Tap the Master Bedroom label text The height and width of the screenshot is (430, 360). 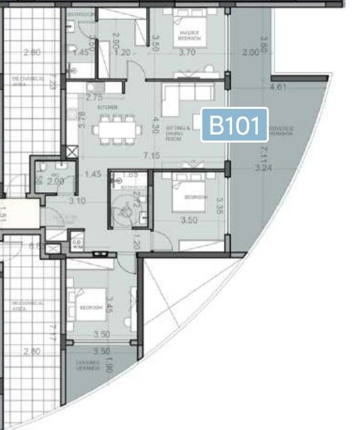[x=187, y=34]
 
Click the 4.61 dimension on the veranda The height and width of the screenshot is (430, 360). [x=277, y=87]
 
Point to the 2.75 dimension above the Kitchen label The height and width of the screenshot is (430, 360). [x=94, y=97]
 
